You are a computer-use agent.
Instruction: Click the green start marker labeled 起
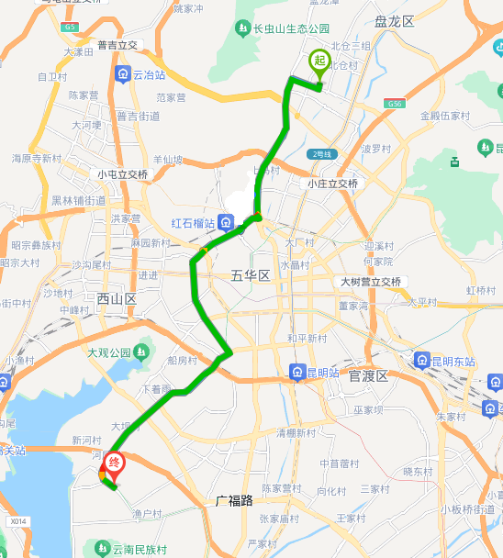point(319,61)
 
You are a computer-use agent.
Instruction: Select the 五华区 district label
point(250,275)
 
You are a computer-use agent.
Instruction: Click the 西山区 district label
point(117,298)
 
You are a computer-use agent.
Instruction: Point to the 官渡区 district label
point(369,375)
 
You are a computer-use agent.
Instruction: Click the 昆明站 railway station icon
point(297,372)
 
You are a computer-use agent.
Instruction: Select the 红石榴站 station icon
point(225,223)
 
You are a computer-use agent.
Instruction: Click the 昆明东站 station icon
point(423,361)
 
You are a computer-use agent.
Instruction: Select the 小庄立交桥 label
point(333,184)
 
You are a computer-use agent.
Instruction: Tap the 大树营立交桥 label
point(371,282)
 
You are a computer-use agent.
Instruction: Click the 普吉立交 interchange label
point(117,44)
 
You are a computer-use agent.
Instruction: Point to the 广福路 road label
point(234,501)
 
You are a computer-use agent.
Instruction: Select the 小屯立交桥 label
point(123,174)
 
